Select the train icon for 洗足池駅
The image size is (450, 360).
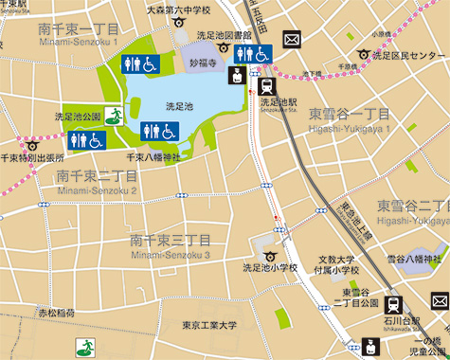[267, 85]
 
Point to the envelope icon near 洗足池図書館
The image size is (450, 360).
[291, 40]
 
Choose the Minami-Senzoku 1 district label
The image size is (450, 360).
[79, 42]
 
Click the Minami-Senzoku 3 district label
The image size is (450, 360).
[171, 254]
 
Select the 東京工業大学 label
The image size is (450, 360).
[209, 326]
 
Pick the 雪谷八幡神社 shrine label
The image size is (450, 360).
[414, 259]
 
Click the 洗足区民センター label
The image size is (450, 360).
[408, 56]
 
